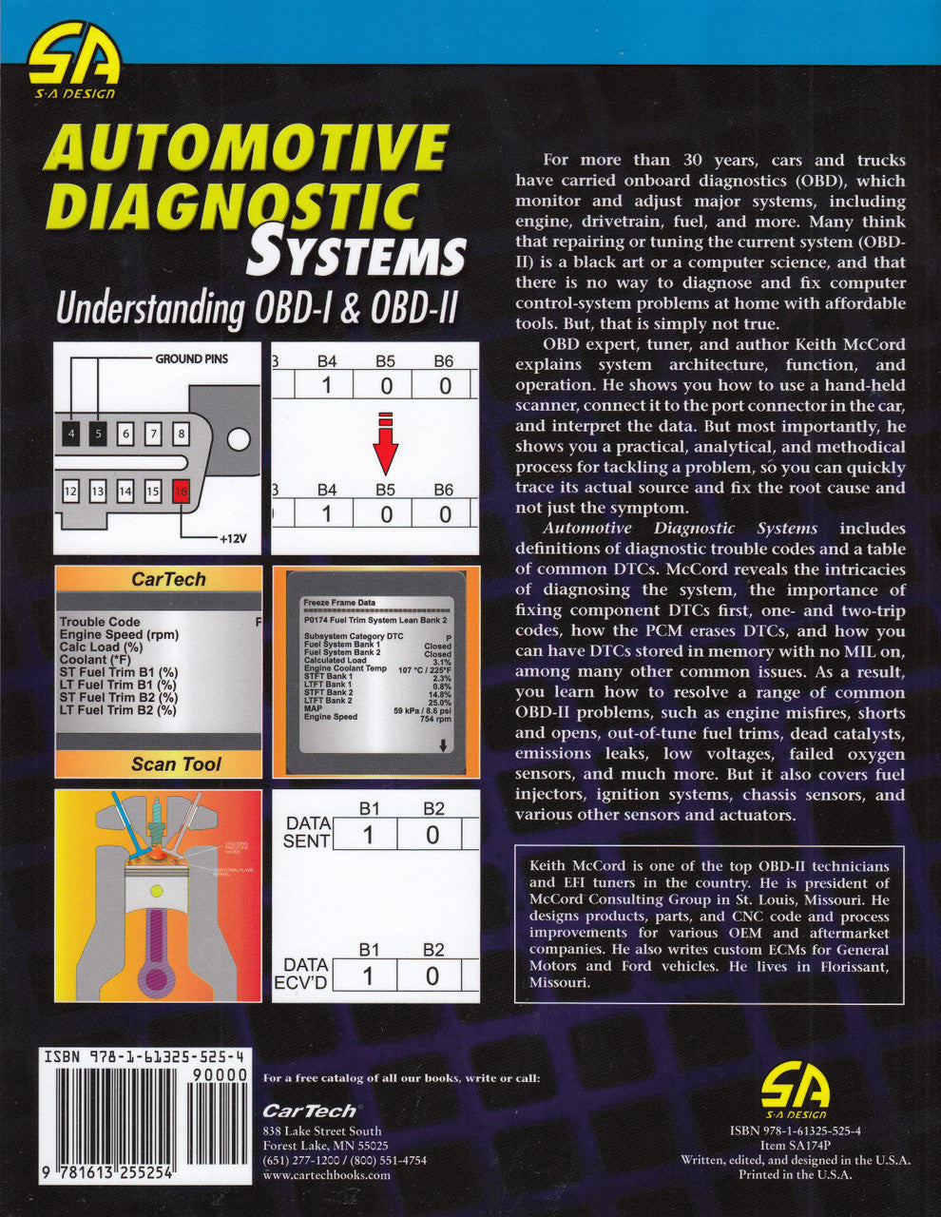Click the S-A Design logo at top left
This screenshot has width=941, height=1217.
pos(73,64)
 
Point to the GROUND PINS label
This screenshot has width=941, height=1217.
pos(191,358)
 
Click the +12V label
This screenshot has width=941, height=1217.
pos(232,538)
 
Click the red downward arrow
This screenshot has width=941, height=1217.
pos(384,443)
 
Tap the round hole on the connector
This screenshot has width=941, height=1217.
pos(240,438)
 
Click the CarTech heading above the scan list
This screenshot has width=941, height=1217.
pos(168,579)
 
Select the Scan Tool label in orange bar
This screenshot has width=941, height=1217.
pos(176,763)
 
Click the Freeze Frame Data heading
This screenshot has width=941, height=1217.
pos(338,602)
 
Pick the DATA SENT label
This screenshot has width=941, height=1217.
pos(307,832)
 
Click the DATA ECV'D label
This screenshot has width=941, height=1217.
pos(306,973)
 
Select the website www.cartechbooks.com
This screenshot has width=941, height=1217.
pos(325,1174)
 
